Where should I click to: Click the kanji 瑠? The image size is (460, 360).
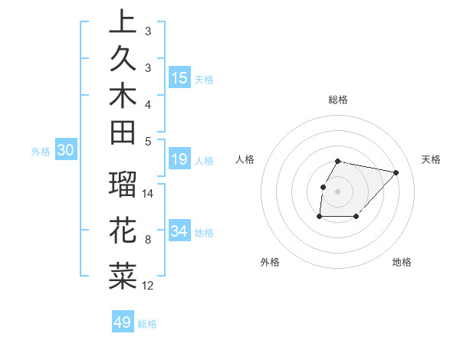(123, 186)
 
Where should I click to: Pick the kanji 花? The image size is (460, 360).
(123, 231)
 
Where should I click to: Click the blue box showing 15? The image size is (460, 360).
(179, 77)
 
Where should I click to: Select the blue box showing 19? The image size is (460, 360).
(179, 159)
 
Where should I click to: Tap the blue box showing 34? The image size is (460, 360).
(179, 231)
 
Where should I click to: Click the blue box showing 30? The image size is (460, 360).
(66, 151)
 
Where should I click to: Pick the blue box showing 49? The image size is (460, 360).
(123, 322)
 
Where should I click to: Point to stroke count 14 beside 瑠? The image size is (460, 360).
(149, 194)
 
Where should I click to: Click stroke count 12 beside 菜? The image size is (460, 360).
(149, 286)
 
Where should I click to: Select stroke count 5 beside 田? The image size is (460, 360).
(148, 141)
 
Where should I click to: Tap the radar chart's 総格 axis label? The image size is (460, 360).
(338, 100)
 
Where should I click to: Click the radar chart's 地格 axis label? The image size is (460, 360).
(402, 262)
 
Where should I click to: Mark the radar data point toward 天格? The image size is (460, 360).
(396, 172)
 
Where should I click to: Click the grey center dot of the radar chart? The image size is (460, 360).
(338, 191)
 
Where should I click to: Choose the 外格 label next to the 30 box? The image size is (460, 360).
(41, 152)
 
